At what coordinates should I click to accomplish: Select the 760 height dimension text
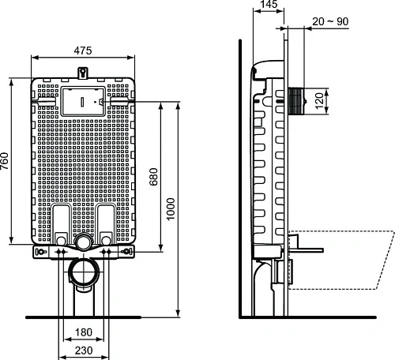click(6, 163)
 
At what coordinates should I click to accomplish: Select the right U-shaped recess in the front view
click(107, 221)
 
